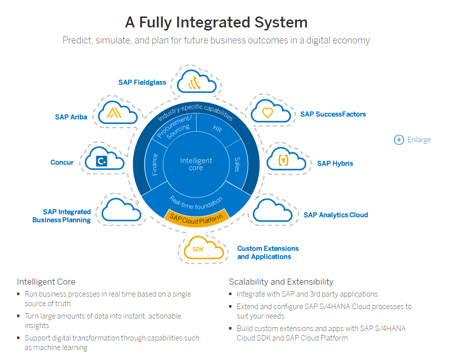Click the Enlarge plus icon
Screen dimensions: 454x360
coord(399,140)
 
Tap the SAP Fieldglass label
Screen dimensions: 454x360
coord(142,82)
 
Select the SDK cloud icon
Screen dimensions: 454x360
coord(204,248)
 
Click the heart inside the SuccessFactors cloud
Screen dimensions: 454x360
coord(267,113)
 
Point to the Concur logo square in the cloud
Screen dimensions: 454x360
coord(102,161)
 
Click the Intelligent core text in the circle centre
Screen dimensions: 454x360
coord(196,164)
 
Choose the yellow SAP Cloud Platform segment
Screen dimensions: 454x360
coord(197,218)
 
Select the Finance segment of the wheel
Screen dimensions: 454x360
coord(155,165)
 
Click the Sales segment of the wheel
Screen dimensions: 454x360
coord(237,164)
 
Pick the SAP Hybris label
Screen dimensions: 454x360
coord(335,163)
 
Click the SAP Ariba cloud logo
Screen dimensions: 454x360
coord(114,113)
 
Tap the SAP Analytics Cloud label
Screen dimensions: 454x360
coord(336,215)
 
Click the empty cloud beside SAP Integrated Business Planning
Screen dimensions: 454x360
coord(121,210)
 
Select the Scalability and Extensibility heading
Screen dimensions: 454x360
coord(281,282)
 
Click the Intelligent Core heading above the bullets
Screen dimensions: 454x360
coord(46,282)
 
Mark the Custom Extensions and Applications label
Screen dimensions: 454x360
coord(268,253)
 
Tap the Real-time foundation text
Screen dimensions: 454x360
coord(196,203)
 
